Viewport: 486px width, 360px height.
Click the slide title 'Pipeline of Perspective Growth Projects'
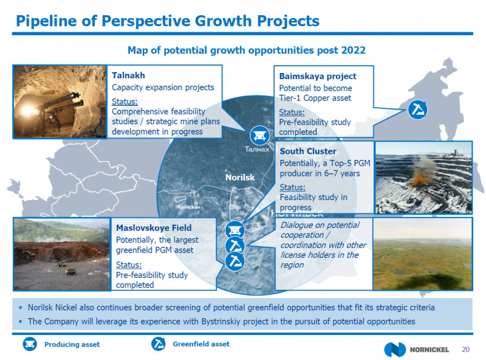[x=168, y=21]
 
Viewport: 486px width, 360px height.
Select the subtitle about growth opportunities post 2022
[x=247, y=50]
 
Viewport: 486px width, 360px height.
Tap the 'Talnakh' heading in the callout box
[x=128, y=75]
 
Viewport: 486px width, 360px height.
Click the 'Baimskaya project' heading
[x=318, y=77]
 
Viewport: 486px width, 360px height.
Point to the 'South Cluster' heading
[x=308, y=151]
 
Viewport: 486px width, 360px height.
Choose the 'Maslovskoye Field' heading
[x=154, y=228]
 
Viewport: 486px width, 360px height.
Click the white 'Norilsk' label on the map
[x=240, y=178]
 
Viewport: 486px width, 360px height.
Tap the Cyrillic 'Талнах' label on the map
[x=257, y=149]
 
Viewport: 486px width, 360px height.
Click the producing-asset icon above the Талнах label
[x=260, y=136]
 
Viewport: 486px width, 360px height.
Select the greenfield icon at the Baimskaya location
[x=417, y=109]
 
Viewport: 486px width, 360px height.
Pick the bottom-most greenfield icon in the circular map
[x=234, y=261]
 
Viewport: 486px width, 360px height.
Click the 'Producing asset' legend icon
[x=30, y=344]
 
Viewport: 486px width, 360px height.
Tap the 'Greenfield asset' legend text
[x=201, y=344]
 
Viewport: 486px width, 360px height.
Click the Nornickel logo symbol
[x=394, y=350]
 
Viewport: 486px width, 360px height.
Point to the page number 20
[x=465, y=350]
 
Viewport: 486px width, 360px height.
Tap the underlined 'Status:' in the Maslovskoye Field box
[x=129, y=265]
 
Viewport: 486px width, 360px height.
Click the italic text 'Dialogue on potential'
[x=320, y=225]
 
